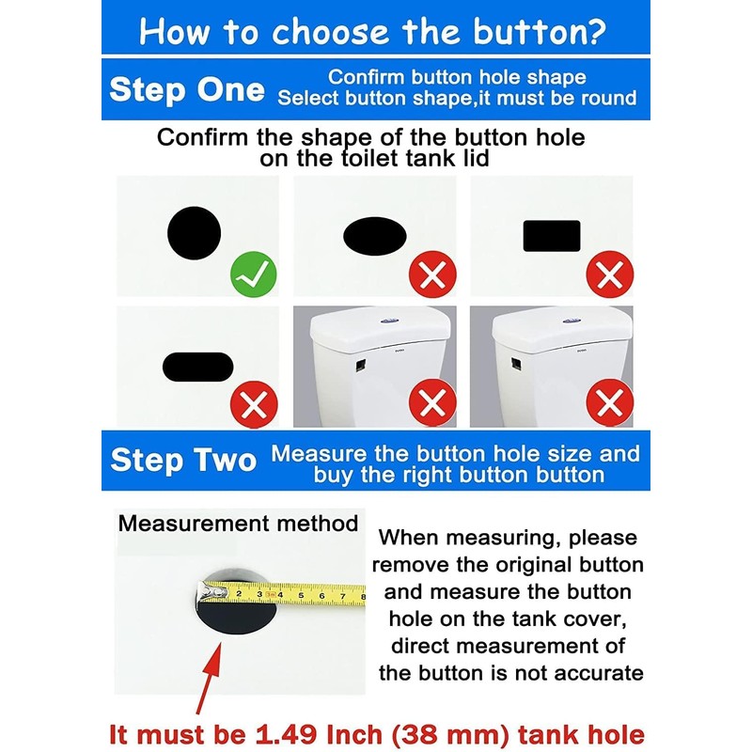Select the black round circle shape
[194, 234]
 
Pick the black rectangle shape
[551, 235]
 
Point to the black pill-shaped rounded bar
[197, 367]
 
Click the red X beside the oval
[432, 275]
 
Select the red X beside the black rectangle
[609, 275]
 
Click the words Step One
[186, 90]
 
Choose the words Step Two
[183, 460]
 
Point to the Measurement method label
[238, 524]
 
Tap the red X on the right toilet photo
[609, 406]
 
